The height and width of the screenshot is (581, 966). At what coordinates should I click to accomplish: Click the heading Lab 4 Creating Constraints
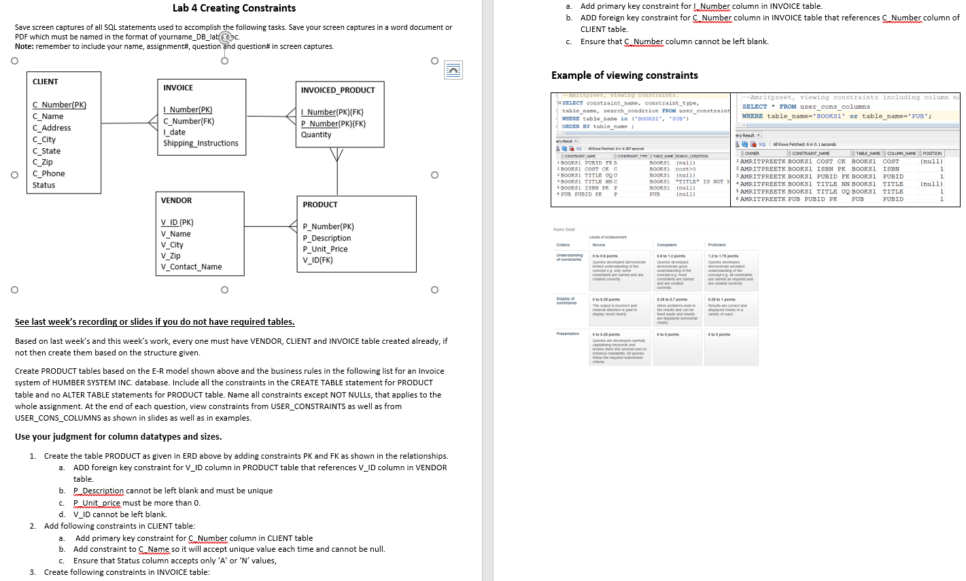pyautogui.click(x=234, y=8)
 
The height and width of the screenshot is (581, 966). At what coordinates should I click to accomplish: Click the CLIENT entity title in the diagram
pyautogui.click(x=46, y=82)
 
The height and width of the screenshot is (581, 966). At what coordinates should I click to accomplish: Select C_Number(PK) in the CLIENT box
pyautogui.click(x=59, y=105)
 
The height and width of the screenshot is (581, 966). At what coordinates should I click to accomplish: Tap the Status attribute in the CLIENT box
pyautogui.click(x=44, y=185)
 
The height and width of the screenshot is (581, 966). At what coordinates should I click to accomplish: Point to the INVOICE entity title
pyautogui.click(x=178, y=88)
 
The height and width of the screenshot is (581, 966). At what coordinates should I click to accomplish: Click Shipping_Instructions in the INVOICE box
pyautogui.click(x=201, y=143)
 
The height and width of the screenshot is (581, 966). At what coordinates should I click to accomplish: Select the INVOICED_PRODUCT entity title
pyautogui.click(x=338, y=90)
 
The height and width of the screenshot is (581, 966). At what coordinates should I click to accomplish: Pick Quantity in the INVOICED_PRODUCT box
pyautogui.click(x=316, y=135)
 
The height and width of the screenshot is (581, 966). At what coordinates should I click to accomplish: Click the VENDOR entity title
pyautogui.click(x=176, y=200)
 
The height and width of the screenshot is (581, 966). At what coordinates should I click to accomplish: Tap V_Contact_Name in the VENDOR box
pyautogui.click(x=191, y=267)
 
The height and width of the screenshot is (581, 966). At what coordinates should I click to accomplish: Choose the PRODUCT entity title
pyautogui.click(x=320, y=205)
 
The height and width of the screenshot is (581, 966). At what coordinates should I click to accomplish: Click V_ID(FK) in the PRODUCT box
pyautogui.click(x=317, y=260)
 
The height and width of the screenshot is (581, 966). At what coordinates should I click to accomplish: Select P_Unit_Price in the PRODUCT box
pyautogui.click(x=325, y=249)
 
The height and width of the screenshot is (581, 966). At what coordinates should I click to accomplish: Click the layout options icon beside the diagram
pyautogui.click(x=453, y=69)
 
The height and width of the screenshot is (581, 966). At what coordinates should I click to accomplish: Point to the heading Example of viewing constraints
pyautogui.click(x=624, y=75)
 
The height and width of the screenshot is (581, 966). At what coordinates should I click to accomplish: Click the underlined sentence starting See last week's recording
pyautogui.click(x=155, y=322)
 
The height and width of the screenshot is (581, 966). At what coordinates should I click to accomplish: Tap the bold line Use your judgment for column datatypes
pyautogui.click(x=118, y=437)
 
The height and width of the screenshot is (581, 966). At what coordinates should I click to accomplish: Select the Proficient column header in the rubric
pyautogui.click(x=717, y=245)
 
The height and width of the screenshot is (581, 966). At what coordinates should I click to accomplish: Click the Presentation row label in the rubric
pyautogui.click(x=568, y=334)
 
